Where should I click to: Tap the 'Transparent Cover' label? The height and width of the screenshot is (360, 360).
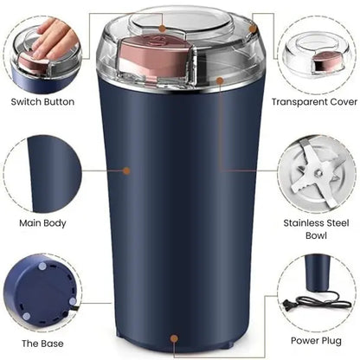pyautogui.click(x=314, y=101)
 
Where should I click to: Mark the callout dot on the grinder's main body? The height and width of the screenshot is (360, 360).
pyautogui.click(x=126, y=171)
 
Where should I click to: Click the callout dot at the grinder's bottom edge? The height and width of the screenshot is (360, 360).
pyautogui.click(x=176, y=339)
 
